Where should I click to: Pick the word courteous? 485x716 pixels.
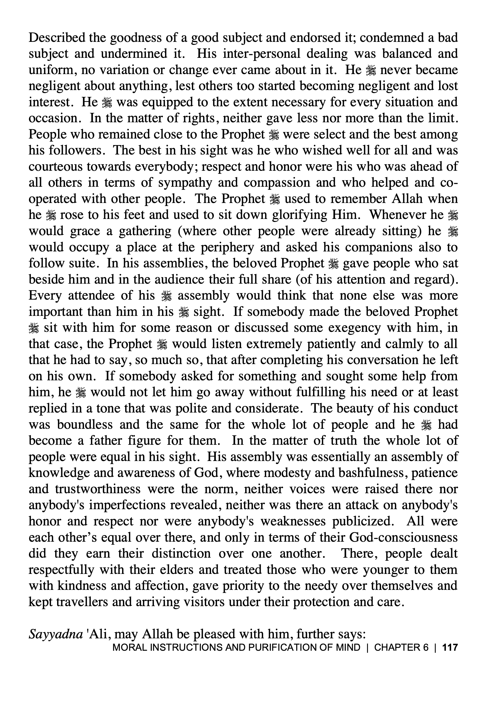pyautogui.click(x=55, y=166)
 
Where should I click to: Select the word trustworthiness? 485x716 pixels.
pyautogui.click(x=98, y=489)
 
